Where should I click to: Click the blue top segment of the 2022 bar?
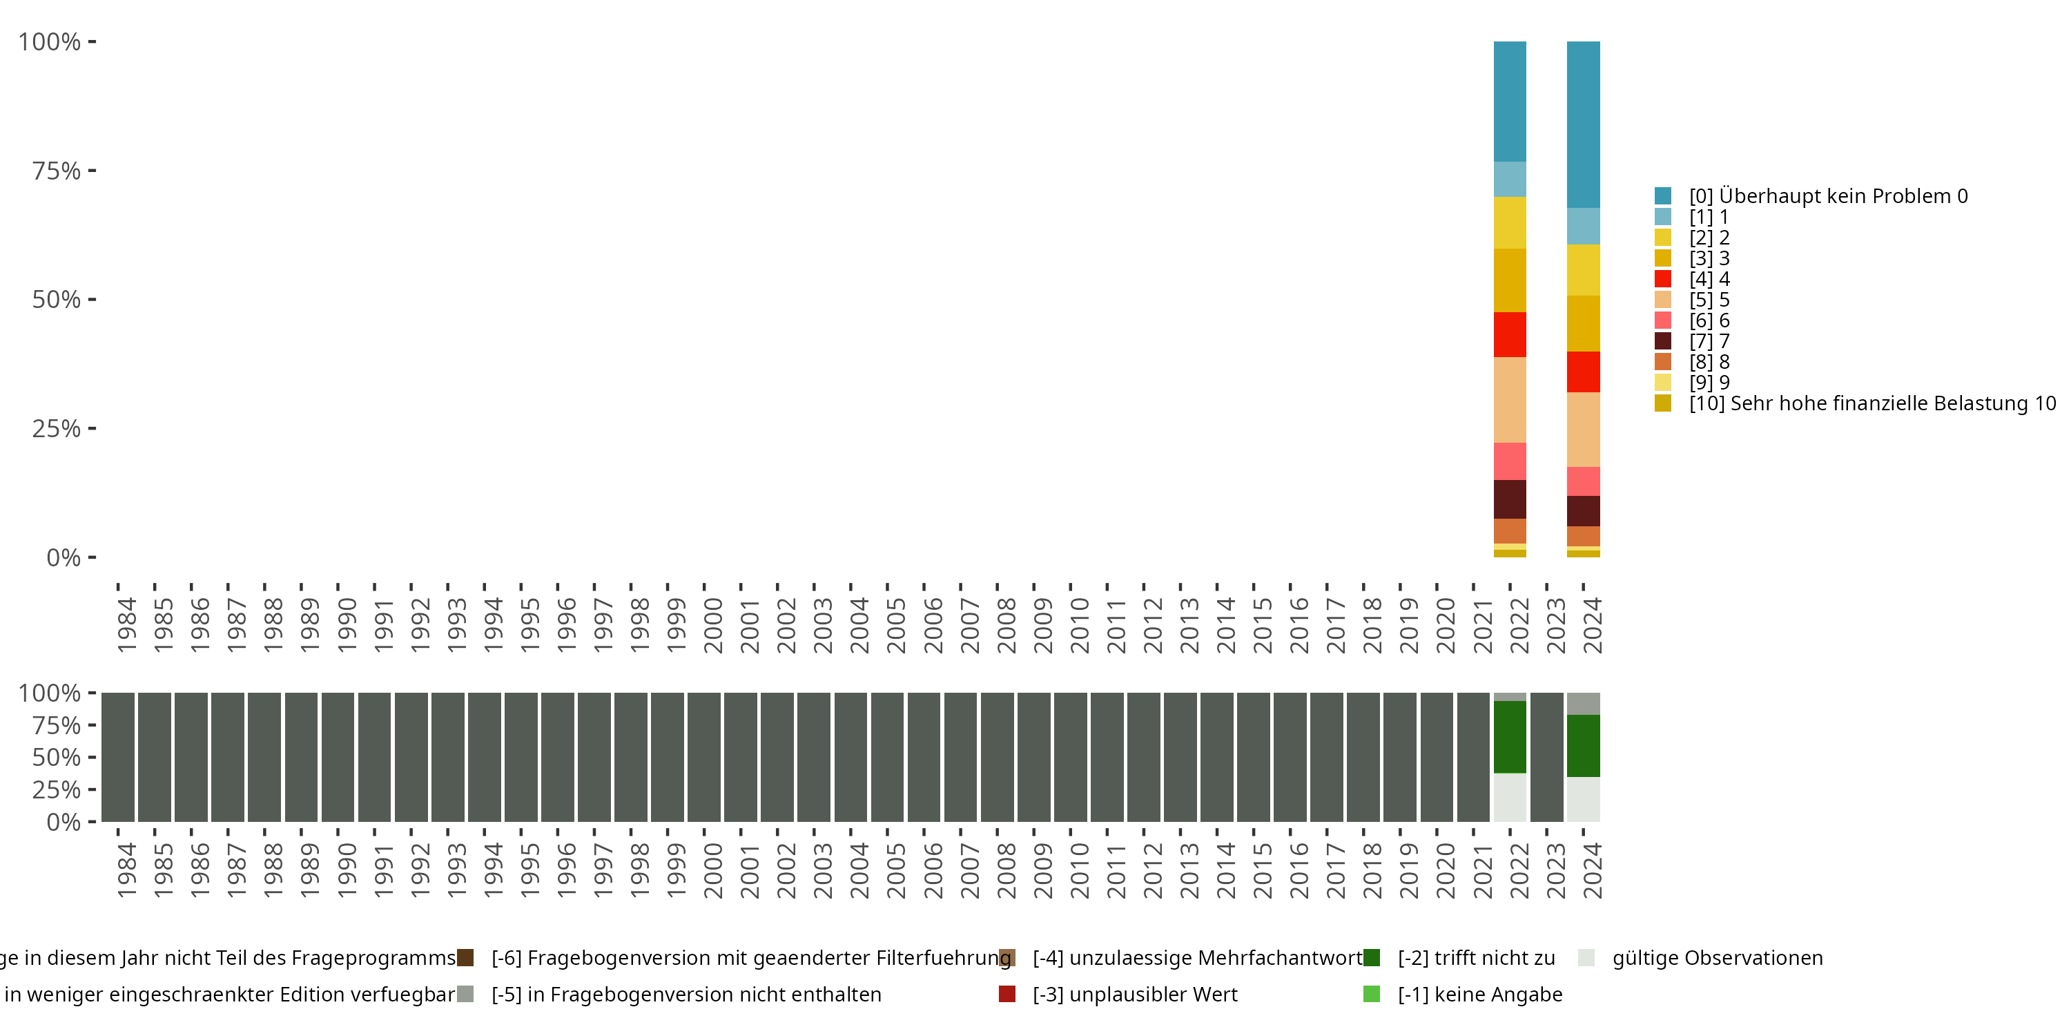click(x=1509, y=101)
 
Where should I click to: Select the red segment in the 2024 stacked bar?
click(x=1583, y=372)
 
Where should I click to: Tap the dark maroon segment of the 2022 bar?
click(x=1509, y=499)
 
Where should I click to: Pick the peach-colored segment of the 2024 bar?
click(x=1583, y=430)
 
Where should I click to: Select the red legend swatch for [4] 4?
click(x=1662, y=279)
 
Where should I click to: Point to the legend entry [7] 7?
click(x=1709, y=341)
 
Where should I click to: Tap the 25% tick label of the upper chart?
click(x=57, y=428)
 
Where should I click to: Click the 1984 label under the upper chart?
click(x=126, y=625)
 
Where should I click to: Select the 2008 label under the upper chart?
click(x=1006, y=625)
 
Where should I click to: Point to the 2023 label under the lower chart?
click(x=1555, y=870)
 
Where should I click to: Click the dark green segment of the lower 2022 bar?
click(x=1509, y=736)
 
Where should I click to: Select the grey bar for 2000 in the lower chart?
click(x=703, y=757)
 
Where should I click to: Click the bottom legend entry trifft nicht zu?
click(x=1476, y=958)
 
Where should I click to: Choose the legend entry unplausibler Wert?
click(x=1134, y=994)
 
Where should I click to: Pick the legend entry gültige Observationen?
click(x=1716, y=958)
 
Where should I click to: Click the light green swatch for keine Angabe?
click(x=1372, y=994)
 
